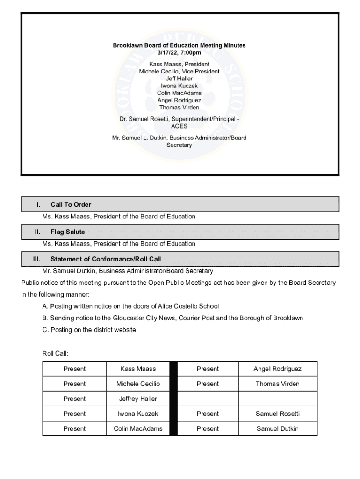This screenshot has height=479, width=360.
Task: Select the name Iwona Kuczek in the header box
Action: [x=179, y=86]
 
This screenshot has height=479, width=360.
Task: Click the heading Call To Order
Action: [x=71, y=204]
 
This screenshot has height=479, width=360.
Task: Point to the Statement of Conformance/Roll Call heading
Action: [x=106, y=259]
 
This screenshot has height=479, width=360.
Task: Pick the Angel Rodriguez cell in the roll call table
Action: [x=277, y=369]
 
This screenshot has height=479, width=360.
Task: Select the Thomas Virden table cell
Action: [x=277, y=384]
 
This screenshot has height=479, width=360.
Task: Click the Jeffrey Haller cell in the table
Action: [x=138, y=399]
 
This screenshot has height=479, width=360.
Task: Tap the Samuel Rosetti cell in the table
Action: [x=277, y=414]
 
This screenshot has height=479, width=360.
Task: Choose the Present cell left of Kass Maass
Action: [x=74, y=369]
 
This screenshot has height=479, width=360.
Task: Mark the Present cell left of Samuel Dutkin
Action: [x=208, y=428]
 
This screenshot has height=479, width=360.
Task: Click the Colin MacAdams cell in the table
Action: [x=138, y=428]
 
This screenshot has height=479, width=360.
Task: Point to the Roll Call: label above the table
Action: [x=55, y=354]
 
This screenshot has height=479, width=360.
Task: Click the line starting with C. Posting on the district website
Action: [x=89, y=330]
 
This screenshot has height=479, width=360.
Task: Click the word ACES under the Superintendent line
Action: [x=179, y=126]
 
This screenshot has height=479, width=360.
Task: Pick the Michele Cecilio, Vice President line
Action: [x=179, y=71]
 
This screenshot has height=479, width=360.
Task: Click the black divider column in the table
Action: [x=173, y=399]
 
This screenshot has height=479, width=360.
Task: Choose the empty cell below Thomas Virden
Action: [x=277, y=399]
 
